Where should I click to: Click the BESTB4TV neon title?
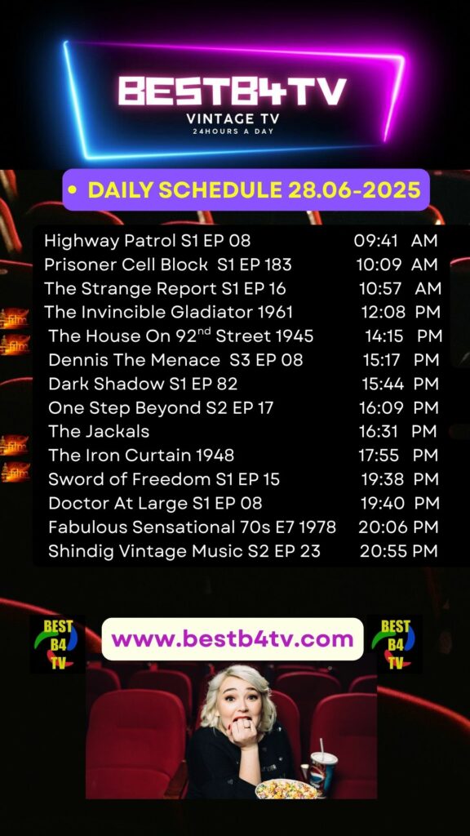coord(233,91)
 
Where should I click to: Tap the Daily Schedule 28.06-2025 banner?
coord(246,189)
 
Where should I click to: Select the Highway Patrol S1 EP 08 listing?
coord(147,241)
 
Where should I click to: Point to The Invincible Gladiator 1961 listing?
coord(168,312)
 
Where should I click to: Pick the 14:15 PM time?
coord(403,336)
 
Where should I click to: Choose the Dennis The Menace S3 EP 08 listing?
coord(175,360)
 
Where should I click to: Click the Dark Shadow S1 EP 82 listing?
coord(143,384)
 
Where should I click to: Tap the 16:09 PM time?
coord(398,408)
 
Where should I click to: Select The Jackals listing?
coord(99,431)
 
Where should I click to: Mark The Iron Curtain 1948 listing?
coord(141,455)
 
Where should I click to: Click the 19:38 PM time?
coord(400,479)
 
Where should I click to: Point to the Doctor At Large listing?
coord(155,503)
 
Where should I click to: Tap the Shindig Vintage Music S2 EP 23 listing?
coord(184,551)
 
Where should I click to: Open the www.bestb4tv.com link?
coord(233,638)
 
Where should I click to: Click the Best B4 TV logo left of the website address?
coord(56,644)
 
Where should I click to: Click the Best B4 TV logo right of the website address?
coord(395,644)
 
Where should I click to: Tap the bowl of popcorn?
coord(286,789)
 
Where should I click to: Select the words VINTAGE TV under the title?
coord(233,118)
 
